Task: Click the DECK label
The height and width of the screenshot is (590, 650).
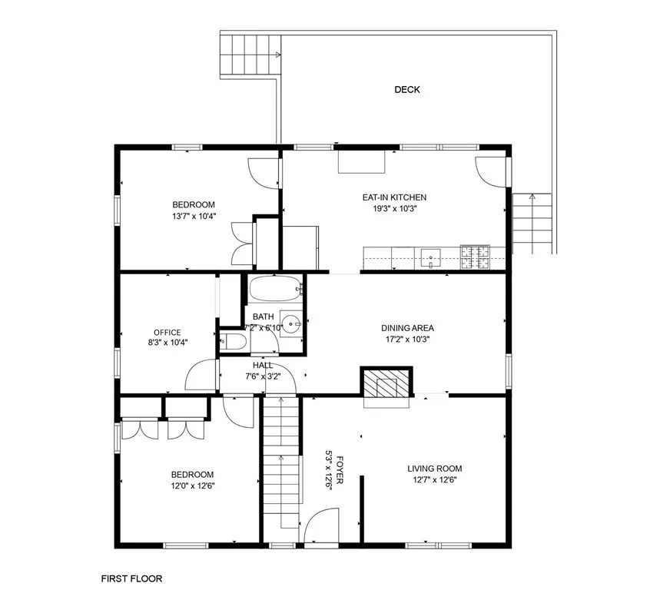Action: point(407,90)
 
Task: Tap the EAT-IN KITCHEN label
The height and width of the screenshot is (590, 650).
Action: point(394,197)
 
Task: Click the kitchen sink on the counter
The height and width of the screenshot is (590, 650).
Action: point(430,257)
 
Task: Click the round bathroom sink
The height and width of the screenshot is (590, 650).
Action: point(290,323)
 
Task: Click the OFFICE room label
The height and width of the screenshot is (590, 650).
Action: point(167,333)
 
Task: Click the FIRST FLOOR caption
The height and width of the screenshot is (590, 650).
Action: point(131,578)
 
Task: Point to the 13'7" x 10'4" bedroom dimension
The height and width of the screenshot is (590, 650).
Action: point(193,216)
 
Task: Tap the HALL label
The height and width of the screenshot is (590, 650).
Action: point(263,366)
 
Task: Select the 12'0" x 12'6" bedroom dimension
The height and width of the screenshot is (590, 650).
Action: point(192,485)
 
